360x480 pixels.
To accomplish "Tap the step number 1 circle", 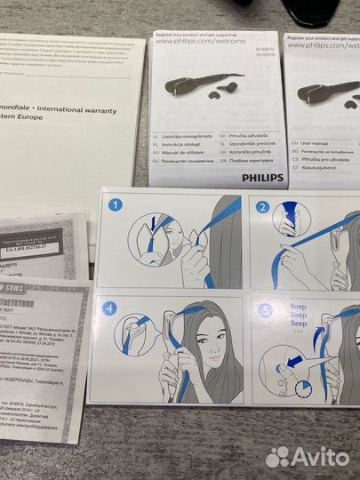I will coord(114,204).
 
